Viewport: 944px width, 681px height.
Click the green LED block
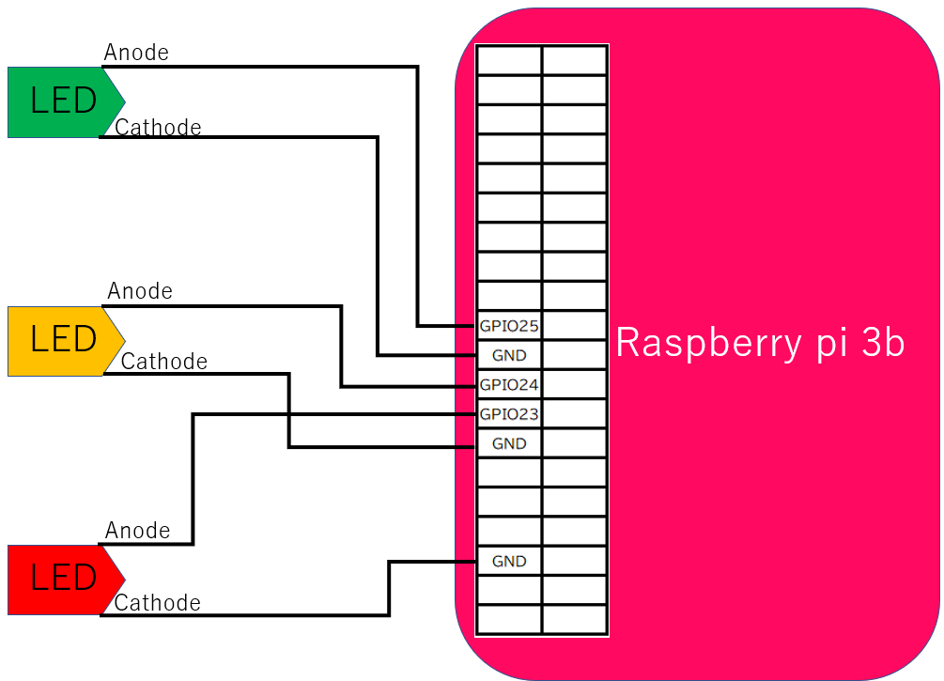pyautogui.click(x=63, y=102)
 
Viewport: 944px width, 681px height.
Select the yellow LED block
pyautogui.click(x=63, y=341)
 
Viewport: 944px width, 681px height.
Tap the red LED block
pyautogui.click(x=63, y=580)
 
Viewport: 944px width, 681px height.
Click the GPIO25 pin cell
pyautogui.click(x=509, y=326)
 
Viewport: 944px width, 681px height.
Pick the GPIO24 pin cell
pyautogui.click(x=509, y=385)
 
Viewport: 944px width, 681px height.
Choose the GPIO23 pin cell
pyautogui.click(x=509, y=414)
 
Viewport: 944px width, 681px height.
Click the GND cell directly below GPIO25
pyautogui.click(x=509, y=355)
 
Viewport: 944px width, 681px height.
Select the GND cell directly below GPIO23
pyautogui.click(x=509, y=443)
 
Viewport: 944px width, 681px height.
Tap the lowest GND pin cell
pyautogui.click(x=509, y=561)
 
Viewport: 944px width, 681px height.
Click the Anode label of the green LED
pyautogui.click(x=136, y=53)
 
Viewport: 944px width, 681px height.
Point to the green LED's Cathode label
pyautogui.click(x=158, y=128)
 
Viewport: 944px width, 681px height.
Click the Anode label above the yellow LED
pyautogui.click(x=140, y=291)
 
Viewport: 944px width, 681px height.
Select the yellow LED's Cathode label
pyautogui.click(x=163, y=362)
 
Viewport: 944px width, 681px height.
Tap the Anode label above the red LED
pyautogui.click(x=137, y=531)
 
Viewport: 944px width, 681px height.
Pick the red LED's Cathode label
pyautogui.click(x=157, y=603)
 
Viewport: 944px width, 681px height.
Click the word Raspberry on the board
pyautogui.click(x=709, y=344)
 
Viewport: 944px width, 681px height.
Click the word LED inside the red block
pyautogui.click(x=63, y=577)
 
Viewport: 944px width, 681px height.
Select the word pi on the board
pyautogui.click(x=832, y=345)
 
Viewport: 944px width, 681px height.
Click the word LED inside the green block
pyautogui.click(x=63, y=100)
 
